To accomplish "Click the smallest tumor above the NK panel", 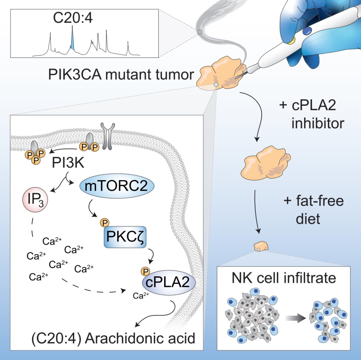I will tap(261, 246).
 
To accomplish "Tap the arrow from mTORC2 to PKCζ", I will tap(93, 207).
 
